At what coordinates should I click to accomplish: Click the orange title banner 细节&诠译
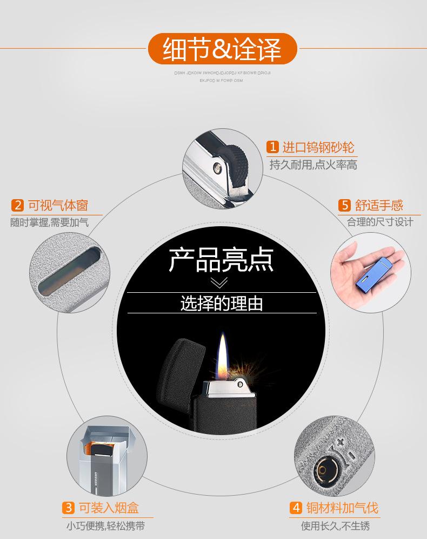tap(222, 49)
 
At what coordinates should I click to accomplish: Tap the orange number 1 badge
tap(272, 147)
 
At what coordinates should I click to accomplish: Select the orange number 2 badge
tap(18, 205)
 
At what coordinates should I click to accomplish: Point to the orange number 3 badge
tap(69, 508)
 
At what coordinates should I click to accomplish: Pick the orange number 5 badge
tap(345, 205)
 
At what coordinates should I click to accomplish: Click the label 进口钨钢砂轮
tap(318, 147)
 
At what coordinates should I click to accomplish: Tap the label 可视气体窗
tap(58, 205)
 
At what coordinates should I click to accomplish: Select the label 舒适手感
tap(379, 205)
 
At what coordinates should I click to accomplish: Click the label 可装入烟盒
tap(109, 508)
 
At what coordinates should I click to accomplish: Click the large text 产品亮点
tap(222, 259)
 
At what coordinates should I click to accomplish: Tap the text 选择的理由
tap(222, 303)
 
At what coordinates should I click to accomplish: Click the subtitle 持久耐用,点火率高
tap(313, 165)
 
